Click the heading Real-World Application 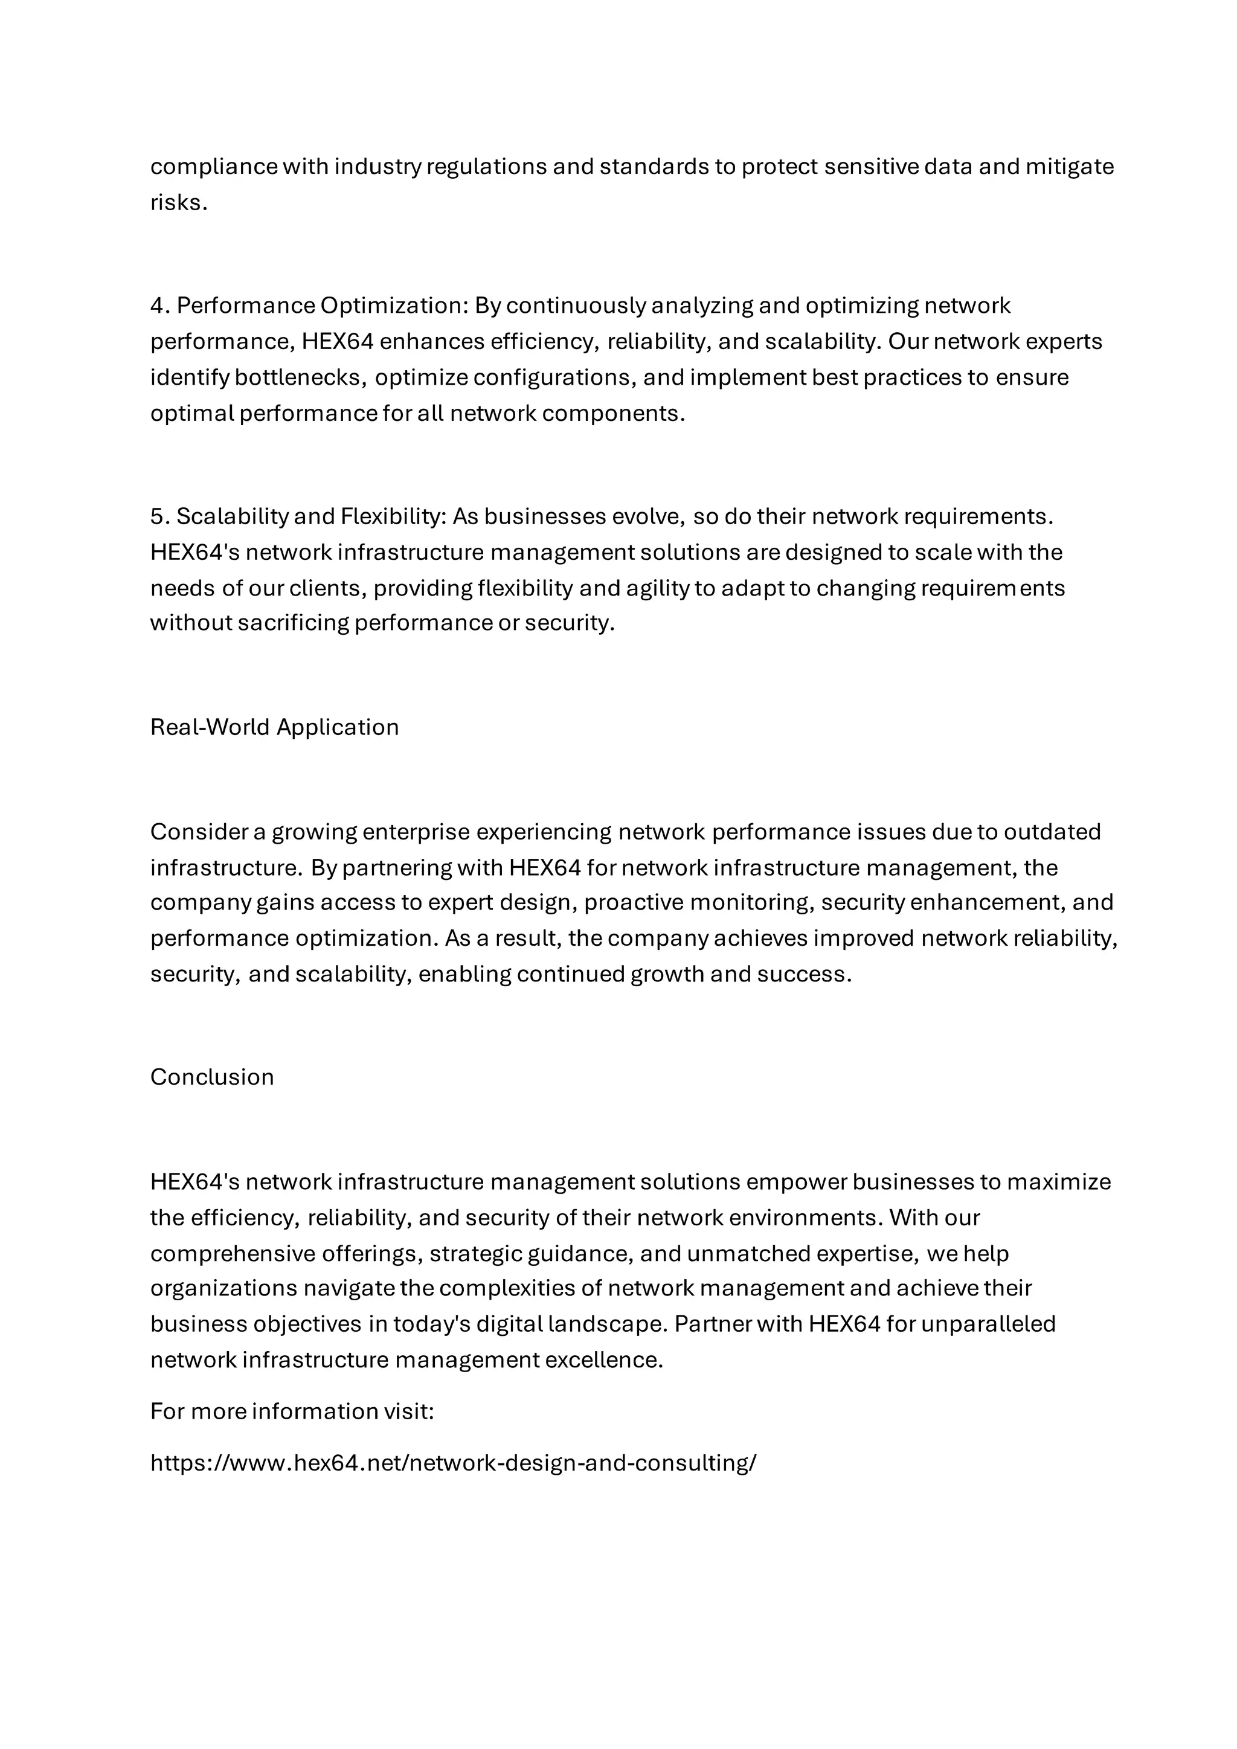(x=274, y=728)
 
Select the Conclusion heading (x=212, y=1077)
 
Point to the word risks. (x=178, y=203)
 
